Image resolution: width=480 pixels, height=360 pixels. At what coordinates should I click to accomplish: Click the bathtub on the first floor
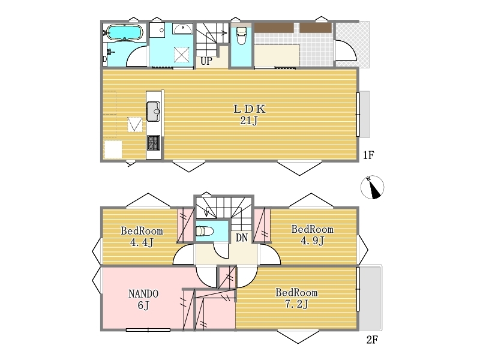[x=124, y=32]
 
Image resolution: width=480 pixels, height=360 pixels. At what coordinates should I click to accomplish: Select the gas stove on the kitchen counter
[x=154, y=143]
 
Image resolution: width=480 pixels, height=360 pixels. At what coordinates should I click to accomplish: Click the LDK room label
[x=250, y=109]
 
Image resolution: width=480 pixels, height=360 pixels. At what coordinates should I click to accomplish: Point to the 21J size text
[x=248, y=121]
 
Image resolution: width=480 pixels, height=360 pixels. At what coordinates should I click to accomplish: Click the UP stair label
[x=206, y=61]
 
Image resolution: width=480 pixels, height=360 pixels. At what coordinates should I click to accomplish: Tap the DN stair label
[x=242, y=238]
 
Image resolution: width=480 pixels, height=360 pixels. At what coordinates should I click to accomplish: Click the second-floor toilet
[x=204, y=230]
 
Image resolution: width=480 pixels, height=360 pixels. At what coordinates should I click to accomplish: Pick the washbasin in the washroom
[x=182, y=28]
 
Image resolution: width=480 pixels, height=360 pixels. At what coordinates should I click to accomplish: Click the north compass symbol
[x=372, y=187]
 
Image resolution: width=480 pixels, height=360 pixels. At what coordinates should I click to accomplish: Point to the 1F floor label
[x=368, y=155]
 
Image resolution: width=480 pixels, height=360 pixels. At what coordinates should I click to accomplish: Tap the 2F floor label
[x=372, y=340]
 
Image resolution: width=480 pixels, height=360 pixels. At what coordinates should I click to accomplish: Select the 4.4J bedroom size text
[x=142, y=243]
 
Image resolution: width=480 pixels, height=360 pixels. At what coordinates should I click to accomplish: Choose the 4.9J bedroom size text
[x=312, y=241]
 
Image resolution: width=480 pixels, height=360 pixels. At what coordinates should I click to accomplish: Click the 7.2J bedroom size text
[x=296, y=304]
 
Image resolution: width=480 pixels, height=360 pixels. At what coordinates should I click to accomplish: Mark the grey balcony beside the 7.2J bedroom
[x=370, y=298]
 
